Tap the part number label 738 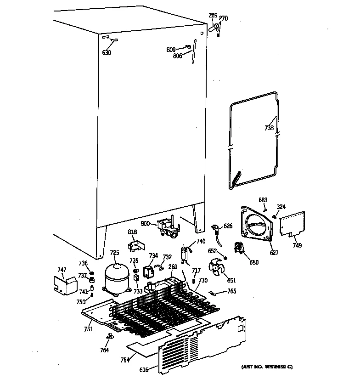[269, 128]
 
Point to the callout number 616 [144, 370]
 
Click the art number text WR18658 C [267, 368]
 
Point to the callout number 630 [107, 52]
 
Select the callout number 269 [213, 16]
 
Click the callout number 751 [88, 329]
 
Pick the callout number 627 [274, 252]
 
